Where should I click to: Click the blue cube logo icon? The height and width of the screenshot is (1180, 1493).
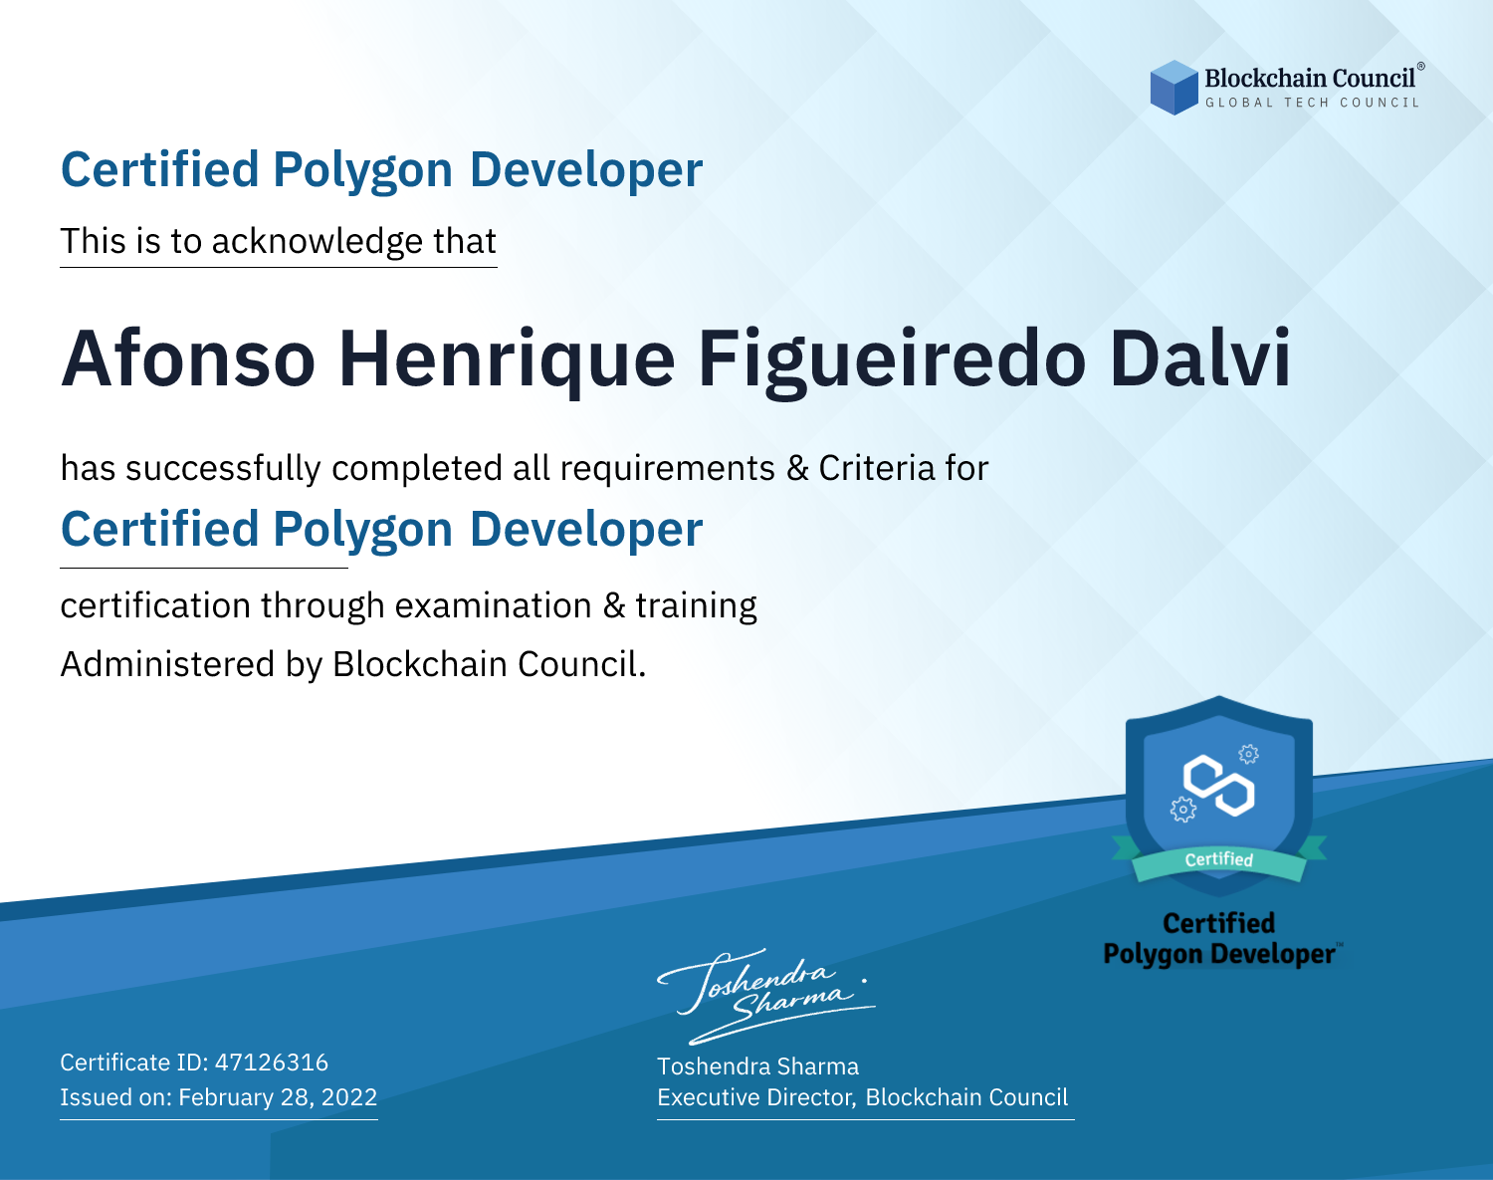click(x=1173, y=88)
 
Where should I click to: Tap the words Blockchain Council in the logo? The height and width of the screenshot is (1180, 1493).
click(x=1310, y=79)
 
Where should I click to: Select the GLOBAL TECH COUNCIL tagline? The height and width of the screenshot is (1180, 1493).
click(x=1312, y=103)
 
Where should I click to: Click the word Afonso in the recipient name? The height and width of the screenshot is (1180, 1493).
click(x=188, y=358)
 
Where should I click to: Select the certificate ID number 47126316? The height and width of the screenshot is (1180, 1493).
click(x=272, y=1062)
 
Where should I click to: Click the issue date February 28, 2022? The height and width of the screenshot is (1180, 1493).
click(x=278, y=1097)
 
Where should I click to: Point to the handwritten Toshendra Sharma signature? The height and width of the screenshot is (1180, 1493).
click(x=766, y=996)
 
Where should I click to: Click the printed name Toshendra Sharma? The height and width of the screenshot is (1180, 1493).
click(x=757, y=1066)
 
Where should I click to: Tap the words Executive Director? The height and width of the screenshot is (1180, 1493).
click(x=756, y=1097)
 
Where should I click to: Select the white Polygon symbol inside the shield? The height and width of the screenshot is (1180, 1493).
click(x=1218, y=786)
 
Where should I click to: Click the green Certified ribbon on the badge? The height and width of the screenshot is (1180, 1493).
click(x=1219, y=859)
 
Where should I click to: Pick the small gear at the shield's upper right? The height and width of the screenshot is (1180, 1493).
click(x=1249, y=754)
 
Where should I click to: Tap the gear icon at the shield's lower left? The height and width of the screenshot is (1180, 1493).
click(x=1182, y=810)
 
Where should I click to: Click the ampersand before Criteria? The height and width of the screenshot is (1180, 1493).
click(x=797, y=468)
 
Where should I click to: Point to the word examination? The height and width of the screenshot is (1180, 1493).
click(x=493, y=605)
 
